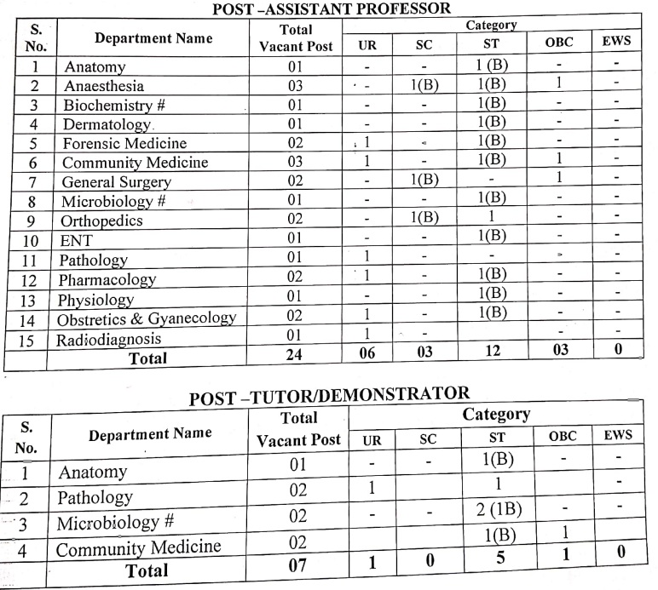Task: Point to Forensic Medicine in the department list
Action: (124, 142)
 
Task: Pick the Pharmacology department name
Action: (107, 279)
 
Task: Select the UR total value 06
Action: (367, 357)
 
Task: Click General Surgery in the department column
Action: (116, 181)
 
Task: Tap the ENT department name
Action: (75, 241)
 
